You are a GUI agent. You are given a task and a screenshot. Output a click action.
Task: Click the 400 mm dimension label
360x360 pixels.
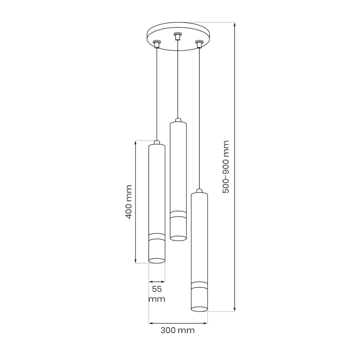[128, 202]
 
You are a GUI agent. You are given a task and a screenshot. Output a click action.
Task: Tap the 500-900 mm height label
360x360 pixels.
[226, 167]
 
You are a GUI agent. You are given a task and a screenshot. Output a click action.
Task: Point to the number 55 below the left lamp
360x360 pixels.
[157, 289]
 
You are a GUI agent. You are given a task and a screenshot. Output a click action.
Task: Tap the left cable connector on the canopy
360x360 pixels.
[156, 45]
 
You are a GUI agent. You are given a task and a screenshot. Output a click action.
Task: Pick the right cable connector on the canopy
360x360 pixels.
[199, 45]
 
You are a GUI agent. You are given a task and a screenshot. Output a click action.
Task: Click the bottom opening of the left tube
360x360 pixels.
[157, 261]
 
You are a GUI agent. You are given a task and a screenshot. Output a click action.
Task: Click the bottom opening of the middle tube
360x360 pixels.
[178, 237]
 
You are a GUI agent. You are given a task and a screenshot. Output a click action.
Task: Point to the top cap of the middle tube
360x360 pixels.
[178, 120]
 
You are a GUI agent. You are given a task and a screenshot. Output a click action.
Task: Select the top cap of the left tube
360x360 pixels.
[157, 143]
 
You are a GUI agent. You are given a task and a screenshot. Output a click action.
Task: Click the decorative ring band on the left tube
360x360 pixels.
[157, 237]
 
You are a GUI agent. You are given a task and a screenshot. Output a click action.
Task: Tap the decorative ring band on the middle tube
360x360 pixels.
[178, 214]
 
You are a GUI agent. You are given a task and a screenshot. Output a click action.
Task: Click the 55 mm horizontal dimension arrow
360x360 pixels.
[157, 281]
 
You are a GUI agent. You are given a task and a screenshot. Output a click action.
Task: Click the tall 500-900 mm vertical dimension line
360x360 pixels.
[234, 167]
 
